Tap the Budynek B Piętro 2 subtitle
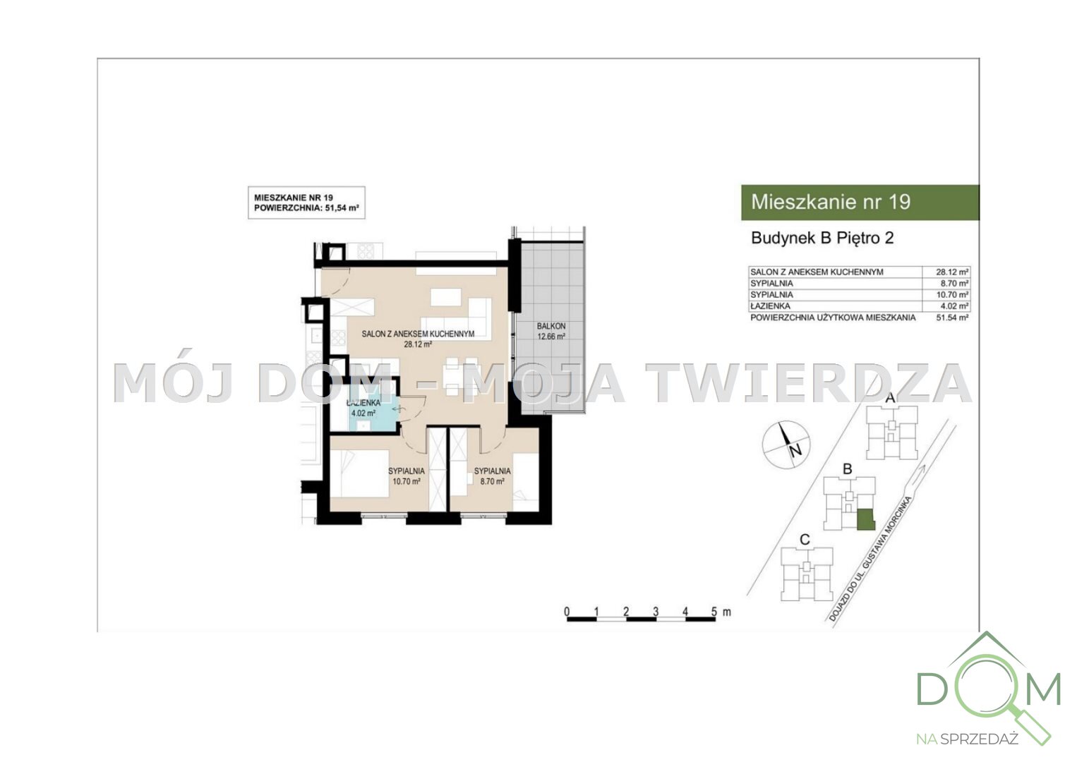click(822, 238)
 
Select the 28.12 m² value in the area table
click(952, 272)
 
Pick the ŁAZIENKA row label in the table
click(770, 306)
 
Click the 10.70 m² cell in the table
click(952, 295)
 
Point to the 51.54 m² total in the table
click(952, 317)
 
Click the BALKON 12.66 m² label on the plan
click(551, 331)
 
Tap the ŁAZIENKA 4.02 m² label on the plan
click(363, 408)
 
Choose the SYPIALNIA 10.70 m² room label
click(407, 476)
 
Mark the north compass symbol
click(786, 445)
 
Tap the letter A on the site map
click(891, 398)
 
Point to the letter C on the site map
click(805, 540)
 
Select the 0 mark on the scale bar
click(567, 612)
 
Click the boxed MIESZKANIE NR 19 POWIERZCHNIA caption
click(307, 203)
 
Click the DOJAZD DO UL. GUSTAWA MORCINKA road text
click(870, 559)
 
